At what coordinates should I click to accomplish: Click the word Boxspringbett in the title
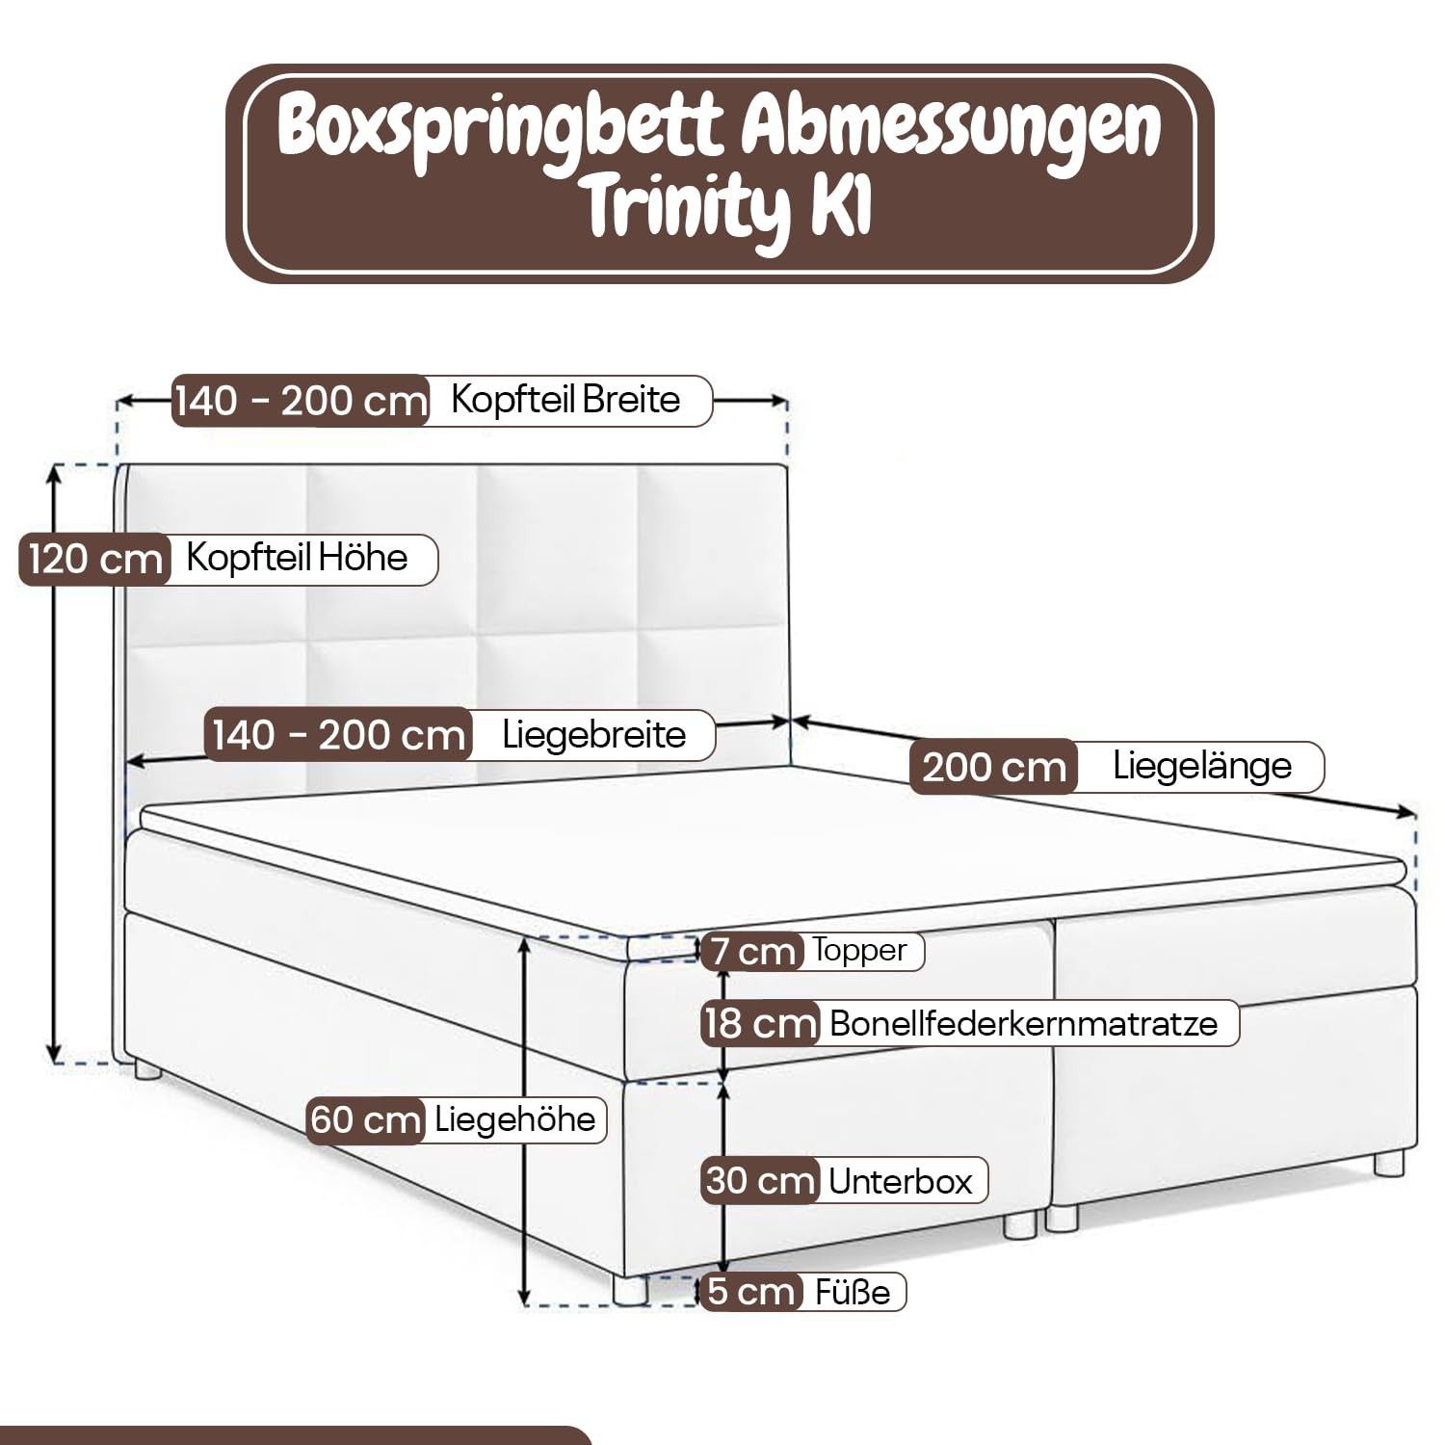[499, 130]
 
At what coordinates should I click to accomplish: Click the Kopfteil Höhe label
[297, 558]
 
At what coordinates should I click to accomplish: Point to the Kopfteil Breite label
[565, 399]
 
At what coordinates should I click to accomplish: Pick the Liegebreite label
[593, 735]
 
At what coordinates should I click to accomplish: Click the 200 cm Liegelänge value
[993, 768]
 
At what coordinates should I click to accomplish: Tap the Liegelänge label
[1201, 766]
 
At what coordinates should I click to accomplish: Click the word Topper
[859, 950]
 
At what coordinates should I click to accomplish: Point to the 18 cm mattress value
[759, 1023]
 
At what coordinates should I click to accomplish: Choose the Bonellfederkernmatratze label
[1023, 1023]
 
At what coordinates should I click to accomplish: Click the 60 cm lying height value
[366, 1120]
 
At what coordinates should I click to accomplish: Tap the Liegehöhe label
[514, 1119]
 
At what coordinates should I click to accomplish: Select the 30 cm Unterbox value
[760, 1181]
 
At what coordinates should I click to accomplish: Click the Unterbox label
[900, 1181]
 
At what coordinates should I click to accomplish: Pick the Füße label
[852, 1292]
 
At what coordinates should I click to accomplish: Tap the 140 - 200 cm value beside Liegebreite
[338, 736]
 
